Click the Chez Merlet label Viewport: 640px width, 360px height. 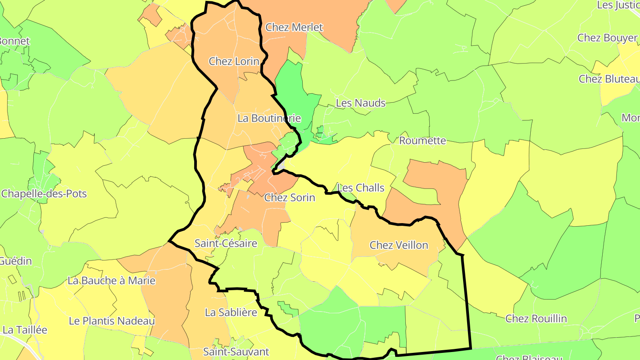[x=294, y=27]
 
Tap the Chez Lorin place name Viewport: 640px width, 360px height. [x=234, y=61]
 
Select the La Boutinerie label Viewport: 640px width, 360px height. [x=269, y=118]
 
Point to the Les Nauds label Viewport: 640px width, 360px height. [x=360, y=103]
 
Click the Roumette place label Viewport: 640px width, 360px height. [x=422, y=141]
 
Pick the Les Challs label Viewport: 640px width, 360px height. [x=361, y=188]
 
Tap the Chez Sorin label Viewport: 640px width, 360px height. [x=289, y=198]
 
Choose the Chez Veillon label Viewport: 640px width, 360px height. [x=399, y=245]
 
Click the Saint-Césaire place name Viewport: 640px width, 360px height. [x=226, y=244]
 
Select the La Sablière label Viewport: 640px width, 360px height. [x=231, y=312]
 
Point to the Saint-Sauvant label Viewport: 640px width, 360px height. [x=236, y=352]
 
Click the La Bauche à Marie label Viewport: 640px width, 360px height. [x=111, y=280]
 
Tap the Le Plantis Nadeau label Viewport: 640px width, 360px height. [x=112, y=321]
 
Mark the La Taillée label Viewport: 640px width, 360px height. [x=24, y=330]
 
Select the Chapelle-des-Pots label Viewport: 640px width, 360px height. [x=44, y=194]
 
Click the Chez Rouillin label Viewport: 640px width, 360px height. [x=536, y=319]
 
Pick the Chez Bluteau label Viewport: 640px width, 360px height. [x=608, y=79]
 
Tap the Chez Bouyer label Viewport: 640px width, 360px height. [x=607, y=38]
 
